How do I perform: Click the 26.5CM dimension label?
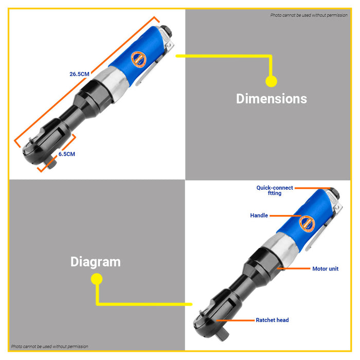[x=79, y=74]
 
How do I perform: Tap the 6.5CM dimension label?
[x=66, y=154]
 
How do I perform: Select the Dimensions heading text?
[x=272, y=99]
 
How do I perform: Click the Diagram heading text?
[x=96, y=262]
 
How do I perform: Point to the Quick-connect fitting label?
[x=275, y=191]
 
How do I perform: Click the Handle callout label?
[x=259, y=215]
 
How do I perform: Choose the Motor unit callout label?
[x=326, y=269]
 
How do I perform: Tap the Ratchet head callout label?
[x=272, y=320]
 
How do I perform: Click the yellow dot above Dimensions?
[x=271, y=81]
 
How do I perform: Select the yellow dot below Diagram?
[x=97, y=279]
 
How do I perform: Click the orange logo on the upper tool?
[x=139, y=60]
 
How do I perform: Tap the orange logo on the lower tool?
[x=307, y=224]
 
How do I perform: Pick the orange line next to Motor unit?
[x=294, y=268]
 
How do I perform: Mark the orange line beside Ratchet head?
[x=236, y=320]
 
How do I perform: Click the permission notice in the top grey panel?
[x=309, y=15]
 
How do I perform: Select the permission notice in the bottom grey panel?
[x=49, y=347]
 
